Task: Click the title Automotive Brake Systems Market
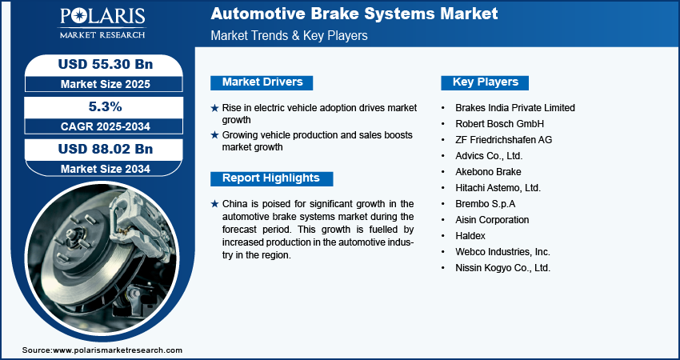tap(354, 14)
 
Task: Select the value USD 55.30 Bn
tap(98, 63)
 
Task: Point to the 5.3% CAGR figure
tap(98, 106)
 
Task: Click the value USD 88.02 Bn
tap(98, 149)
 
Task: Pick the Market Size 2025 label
tap(98, 83)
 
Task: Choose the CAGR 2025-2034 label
tap(98, 126)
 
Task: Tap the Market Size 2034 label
tap(98, 168)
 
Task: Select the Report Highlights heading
tap(270, 178)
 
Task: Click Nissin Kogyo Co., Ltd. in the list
tap(502, 268)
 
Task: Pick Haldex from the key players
tap(470, 236)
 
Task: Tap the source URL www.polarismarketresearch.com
tap(118, 350)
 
